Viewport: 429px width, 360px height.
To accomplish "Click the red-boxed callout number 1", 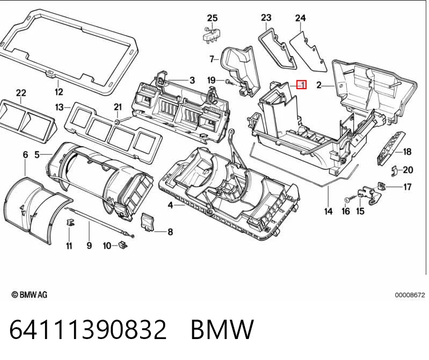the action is [302, 85].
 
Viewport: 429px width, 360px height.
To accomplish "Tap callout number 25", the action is [212, 18].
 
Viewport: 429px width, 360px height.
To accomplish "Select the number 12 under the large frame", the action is [59, 92].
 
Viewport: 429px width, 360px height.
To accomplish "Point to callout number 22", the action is [21, 93].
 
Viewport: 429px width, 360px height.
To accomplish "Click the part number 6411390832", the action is [88, 329].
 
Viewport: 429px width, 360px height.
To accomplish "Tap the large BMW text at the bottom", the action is [222, 329].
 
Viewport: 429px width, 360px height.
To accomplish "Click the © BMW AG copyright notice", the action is [30, 294].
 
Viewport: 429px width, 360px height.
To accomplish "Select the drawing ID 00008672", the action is [410, 295].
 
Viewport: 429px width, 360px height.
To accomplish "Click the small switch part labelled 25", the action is [212, 35].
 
